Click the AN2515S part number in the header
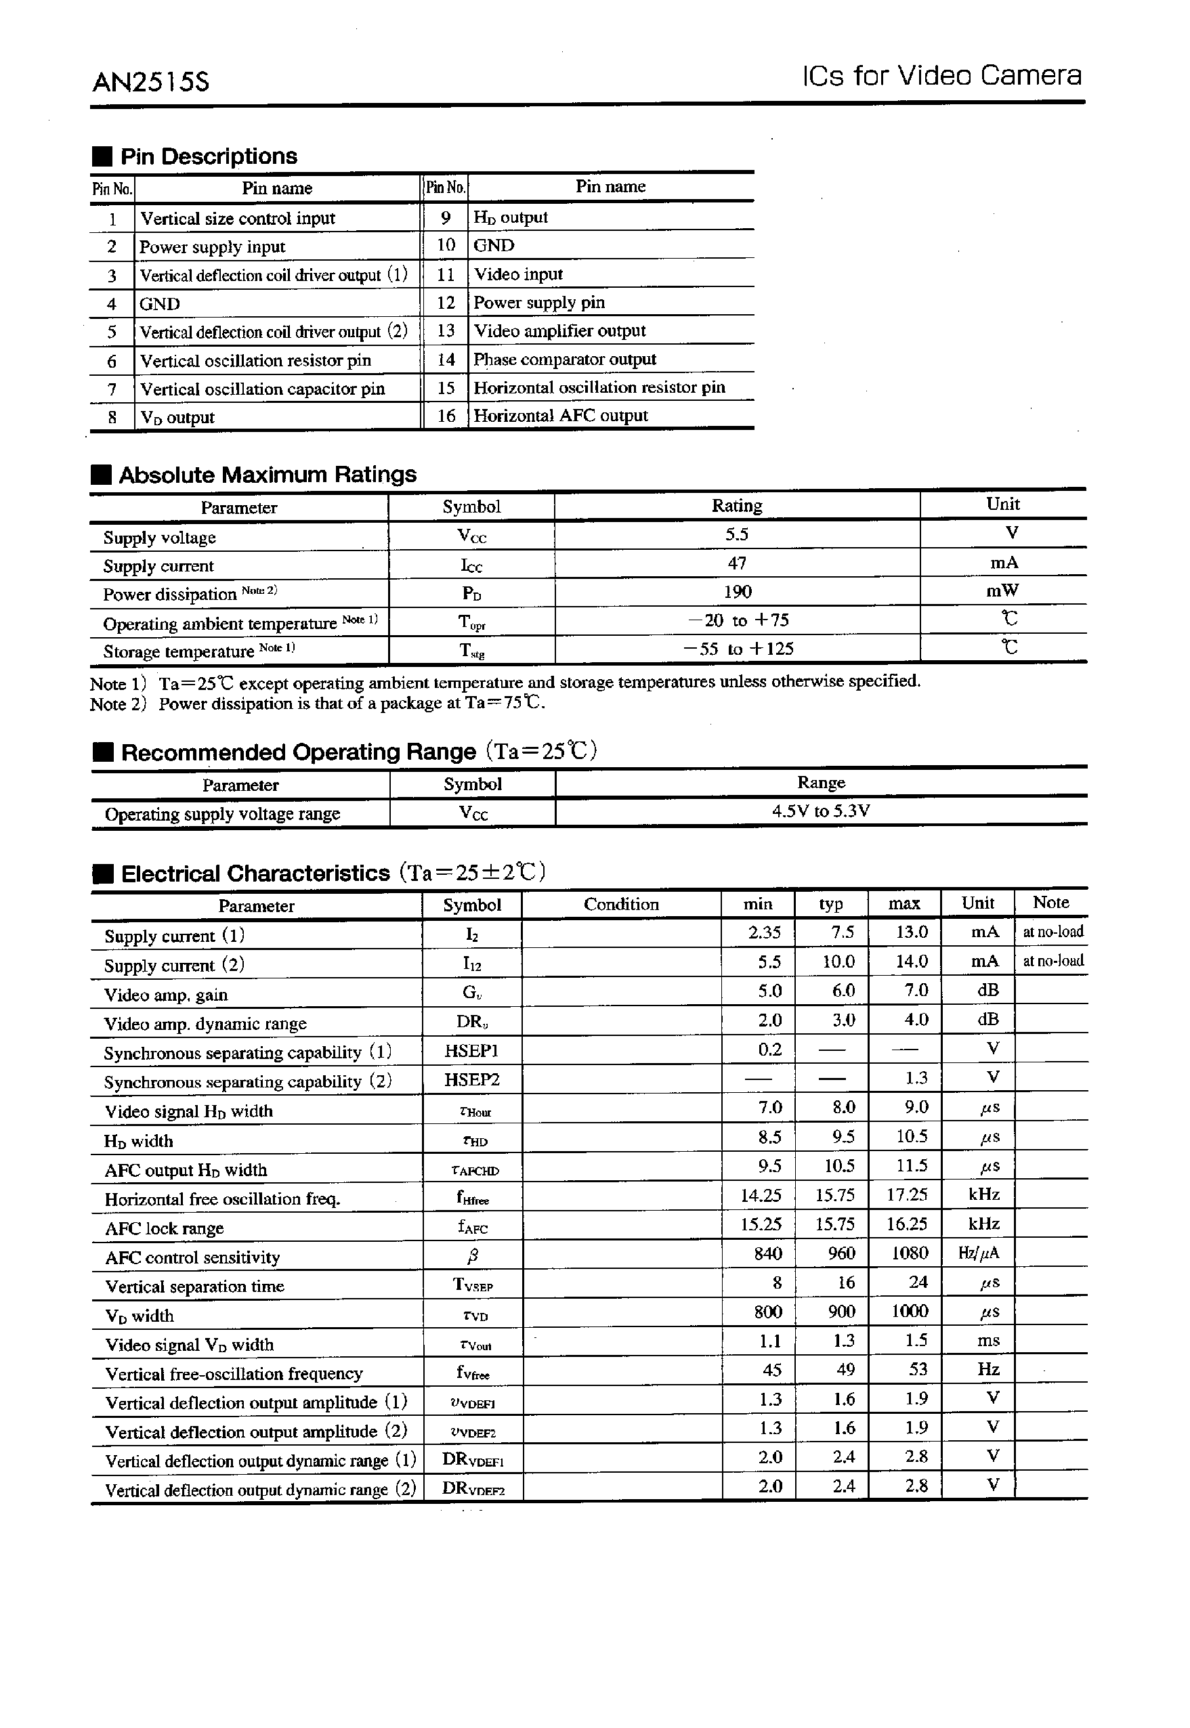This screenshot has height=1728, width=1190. point(150,81)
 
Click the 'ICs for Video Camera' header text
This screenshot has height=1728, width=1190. point(941,76)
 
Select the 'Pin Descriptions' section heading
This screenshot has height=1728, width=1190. point(208,156)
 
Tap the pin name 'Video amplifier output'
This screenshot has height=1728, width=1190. point(560,331)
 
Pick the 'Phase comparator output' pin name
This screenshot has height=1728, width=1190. point(564,360)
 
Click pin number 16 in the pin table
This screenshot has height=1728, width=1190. point(446,416)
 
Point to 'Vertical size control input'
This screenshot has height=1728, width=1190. point(238,219)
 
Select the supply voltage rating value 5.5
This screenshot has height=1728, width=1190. point(737,534)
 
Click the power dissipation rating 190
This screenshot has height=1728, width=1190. point(737,592)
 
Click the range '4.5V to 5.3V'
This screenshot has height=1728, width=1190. point(821,811)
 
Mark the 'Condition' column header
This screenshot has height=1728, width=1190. point(621,904)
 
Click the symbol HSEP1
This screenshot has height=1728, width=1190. point(471,1050)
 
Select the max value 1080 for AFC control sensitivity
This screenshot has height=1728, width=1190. point(910,1253)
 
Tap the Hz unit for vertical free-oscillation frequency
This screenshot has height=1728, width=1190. point(987,1369)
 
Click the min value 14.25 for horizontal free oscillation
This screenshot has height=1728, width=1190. point(761,1195)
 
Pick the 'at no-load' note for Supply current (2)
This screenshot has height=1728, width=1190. point(1053,961)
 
